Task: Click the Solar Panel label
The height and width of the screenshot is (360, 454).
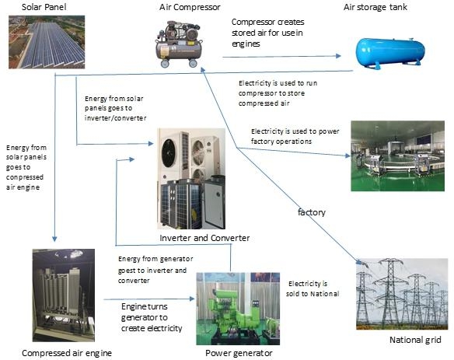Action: click(44, 7)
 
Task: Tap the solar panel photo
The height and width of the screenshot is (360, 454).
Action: click(47, 42)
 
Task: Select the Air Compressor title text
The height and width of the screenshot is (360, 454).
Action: click(190, 7)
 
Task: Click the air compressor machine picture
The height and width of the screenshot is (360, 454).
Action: click(179, 44)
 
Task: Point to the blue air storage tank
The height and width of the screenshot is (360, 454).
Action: click(390, 53)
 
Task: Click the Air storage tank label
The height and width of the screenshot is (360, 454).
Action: click(375, 7)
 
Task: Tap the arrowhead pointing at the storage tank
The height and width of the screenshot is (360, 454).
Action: click(338, 56)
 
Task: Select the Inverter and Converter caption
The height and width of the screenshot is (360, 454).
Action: click(204, 238)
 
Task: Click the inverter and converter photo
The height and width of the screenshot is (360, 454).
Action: click(191, 179)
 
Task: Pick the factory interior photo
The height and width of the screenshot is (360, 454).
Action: click(397, 156)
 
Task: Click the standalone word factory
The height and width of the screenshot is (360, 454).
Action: click(312, 212)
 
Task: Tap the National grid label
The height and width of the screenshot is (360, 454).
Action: click(415, 340)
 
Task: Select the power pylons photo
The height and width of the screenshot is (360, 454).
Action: click(402, 294)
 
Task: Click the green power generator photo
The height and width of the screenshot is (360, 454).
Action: click(238, 309)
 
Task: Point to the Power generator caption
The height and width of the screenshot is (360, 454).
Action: click(239, 353)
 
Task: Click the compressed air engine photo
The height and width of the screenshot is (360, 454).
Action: click(64, 295)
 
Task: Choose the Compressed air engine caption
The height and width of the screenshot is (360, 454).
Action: click(67, 353)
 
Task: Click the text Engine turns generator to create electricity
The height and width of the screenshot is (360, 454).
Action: click(152, 317)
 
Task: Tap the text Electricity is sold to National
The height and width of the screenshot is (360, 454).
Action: click(313, 288)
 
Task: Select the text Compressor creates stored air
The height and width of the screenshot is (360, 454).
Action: click(268, 27)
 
